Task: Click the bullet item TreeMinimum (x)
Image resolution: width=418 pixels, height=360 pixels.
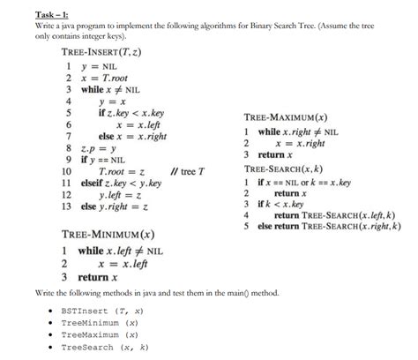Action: [100, 323]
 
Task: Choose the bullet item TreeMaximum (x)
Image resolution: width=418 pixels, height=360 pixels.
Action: [100, 335]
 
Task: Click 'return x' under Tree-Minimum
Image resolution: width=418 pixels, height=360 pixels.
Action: [98, 277]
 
